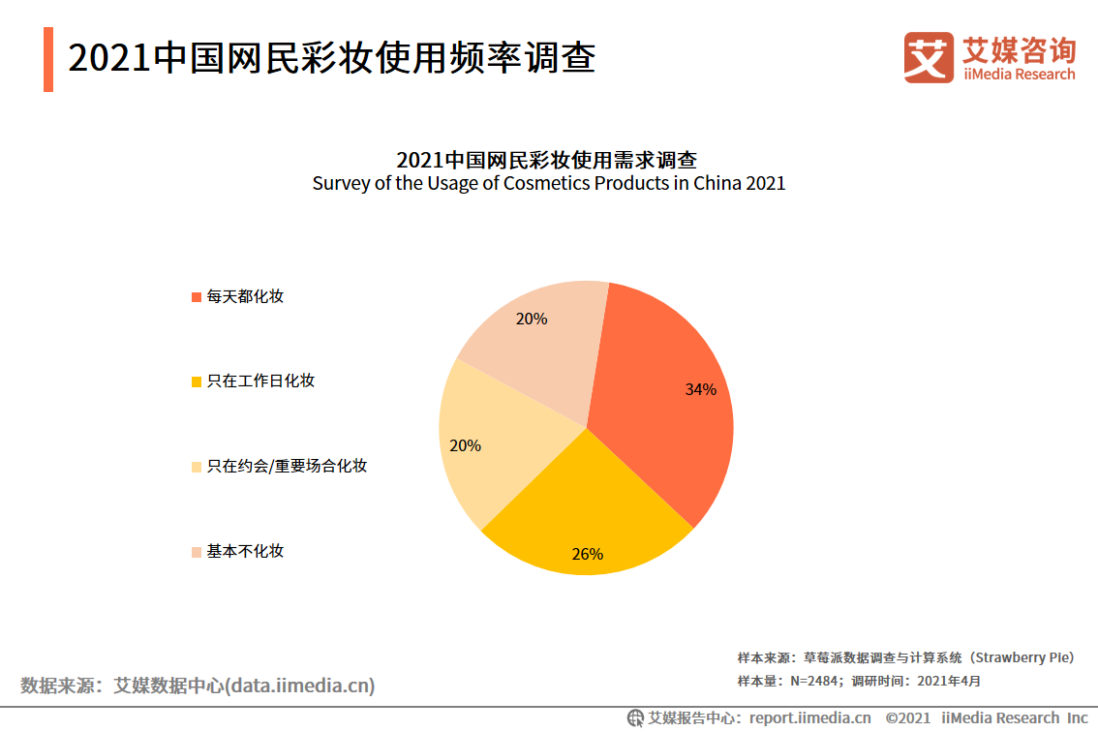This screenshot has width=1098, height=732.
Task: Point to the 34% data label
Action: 700,389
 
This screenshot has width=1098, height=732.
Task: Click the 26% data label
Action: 587,554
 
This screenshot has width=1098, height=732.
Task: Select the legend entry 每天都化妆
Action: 245,296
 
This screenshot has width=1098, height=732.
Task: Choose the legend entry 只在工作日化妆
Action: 260,381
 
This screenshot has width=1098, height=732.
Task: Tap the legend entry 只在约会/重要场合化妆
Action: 287,466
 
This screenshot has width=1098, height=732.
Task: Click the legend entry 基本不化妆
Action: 245,551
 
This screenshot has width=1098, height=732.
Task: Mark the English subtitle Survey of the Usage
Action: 548,183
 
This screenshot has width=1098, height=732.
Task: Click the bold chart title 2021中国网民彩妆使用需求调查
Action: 548,160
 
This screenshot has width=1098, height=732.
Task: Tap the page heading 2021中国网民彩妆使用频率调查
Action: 331,58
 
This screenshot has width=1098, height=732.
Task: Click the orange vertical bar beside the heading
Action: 48,59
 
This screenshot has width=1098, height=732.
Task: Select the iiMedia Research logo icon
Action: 928,57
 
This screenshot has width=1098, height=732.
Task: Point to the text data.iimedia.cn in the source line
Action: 299,686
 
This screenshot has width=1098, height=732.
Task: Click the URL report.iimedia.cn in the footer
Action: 809,717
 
